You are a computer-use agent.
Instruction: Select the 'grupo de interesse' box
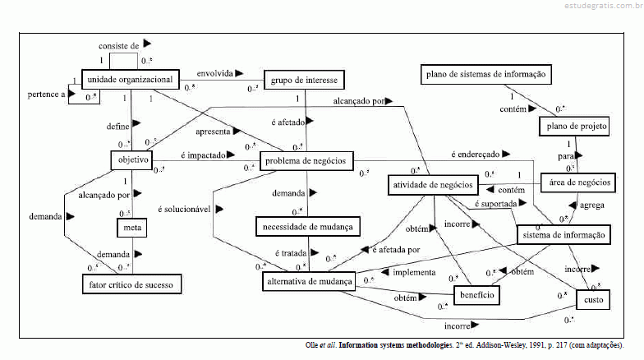[x=302, y=80]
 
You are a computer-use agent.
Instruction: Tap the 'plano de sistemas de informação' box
[x=485, y=75]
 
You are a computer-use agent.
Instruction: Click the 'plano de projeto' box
[x=574, y=126]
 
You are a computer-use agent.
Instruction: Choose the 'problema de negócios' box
[x=306, y=159]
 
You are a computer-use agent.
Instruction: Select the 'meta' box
[x=131, y=225]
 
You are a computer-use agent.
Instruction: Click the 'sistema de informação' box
[x=564, y=235]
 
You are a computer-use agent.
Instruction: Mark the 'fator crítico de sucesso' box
[x=131, y=284]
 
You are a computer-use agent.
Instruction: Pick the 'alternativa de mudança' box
[x=309, y=281]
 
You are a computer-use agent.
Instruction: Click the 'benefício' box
[x=476, y=294]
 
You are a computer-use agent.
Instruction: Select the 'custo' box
[x=593, y=301]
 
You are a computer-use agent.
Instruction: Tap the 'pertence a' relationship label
[x=45, y=95]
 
